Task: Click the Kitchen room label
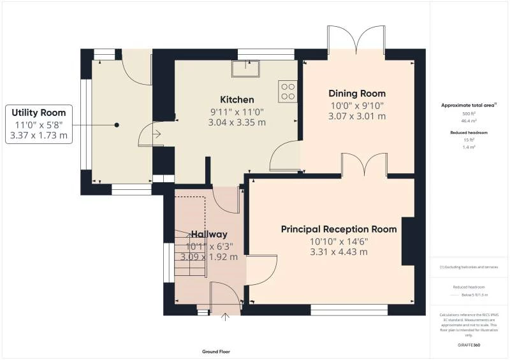[x=237, y=100]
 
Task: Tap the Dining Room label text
[x=357, y=94]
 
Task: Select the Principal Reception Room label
[x=339, y=229]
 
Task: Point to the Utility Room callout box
[x=39, y=124]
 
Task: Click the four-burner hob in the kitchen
[x=288, y=92]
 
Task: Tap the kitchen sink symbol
[x=246, y=67]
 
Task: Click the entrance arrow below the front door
[x=224, y=316]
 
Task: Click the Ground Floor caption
[x=215, y=352]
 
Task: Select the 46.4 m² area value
[x=469, y=119]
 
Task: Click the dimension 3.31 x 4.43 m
[x=339, y=252]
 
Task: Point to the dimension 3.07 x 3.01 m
[x=357, y=116]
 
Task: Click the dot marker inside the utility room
[x=117, y=126]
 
